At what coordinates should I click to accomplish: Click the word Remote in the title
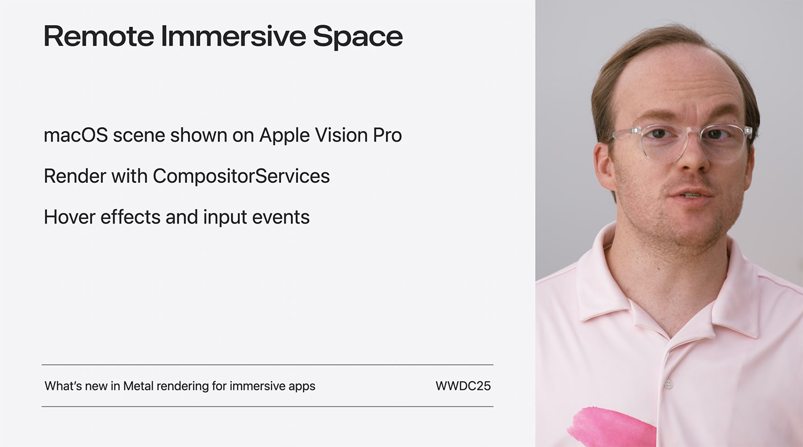click(99, 36)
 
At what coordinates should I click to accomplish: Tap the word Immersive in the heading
click(233, 36)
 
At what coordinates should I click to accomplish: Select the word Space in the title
click(358, 37)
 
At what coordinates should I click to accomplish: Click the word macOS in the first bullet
click(75, 135)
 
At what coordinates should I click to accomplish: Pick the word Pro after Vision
click(387, 135)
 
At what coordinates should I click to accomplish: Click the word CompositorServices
click(241, 176)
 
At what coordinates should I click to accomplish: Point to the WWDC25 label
click(463, 386)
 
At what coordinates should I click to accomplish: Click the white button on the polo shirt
click(669, 384)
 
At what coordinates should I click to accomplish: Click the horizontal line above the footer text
click(268, 365)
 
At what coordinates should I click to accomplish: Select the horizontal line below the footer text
click(268, 406)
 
